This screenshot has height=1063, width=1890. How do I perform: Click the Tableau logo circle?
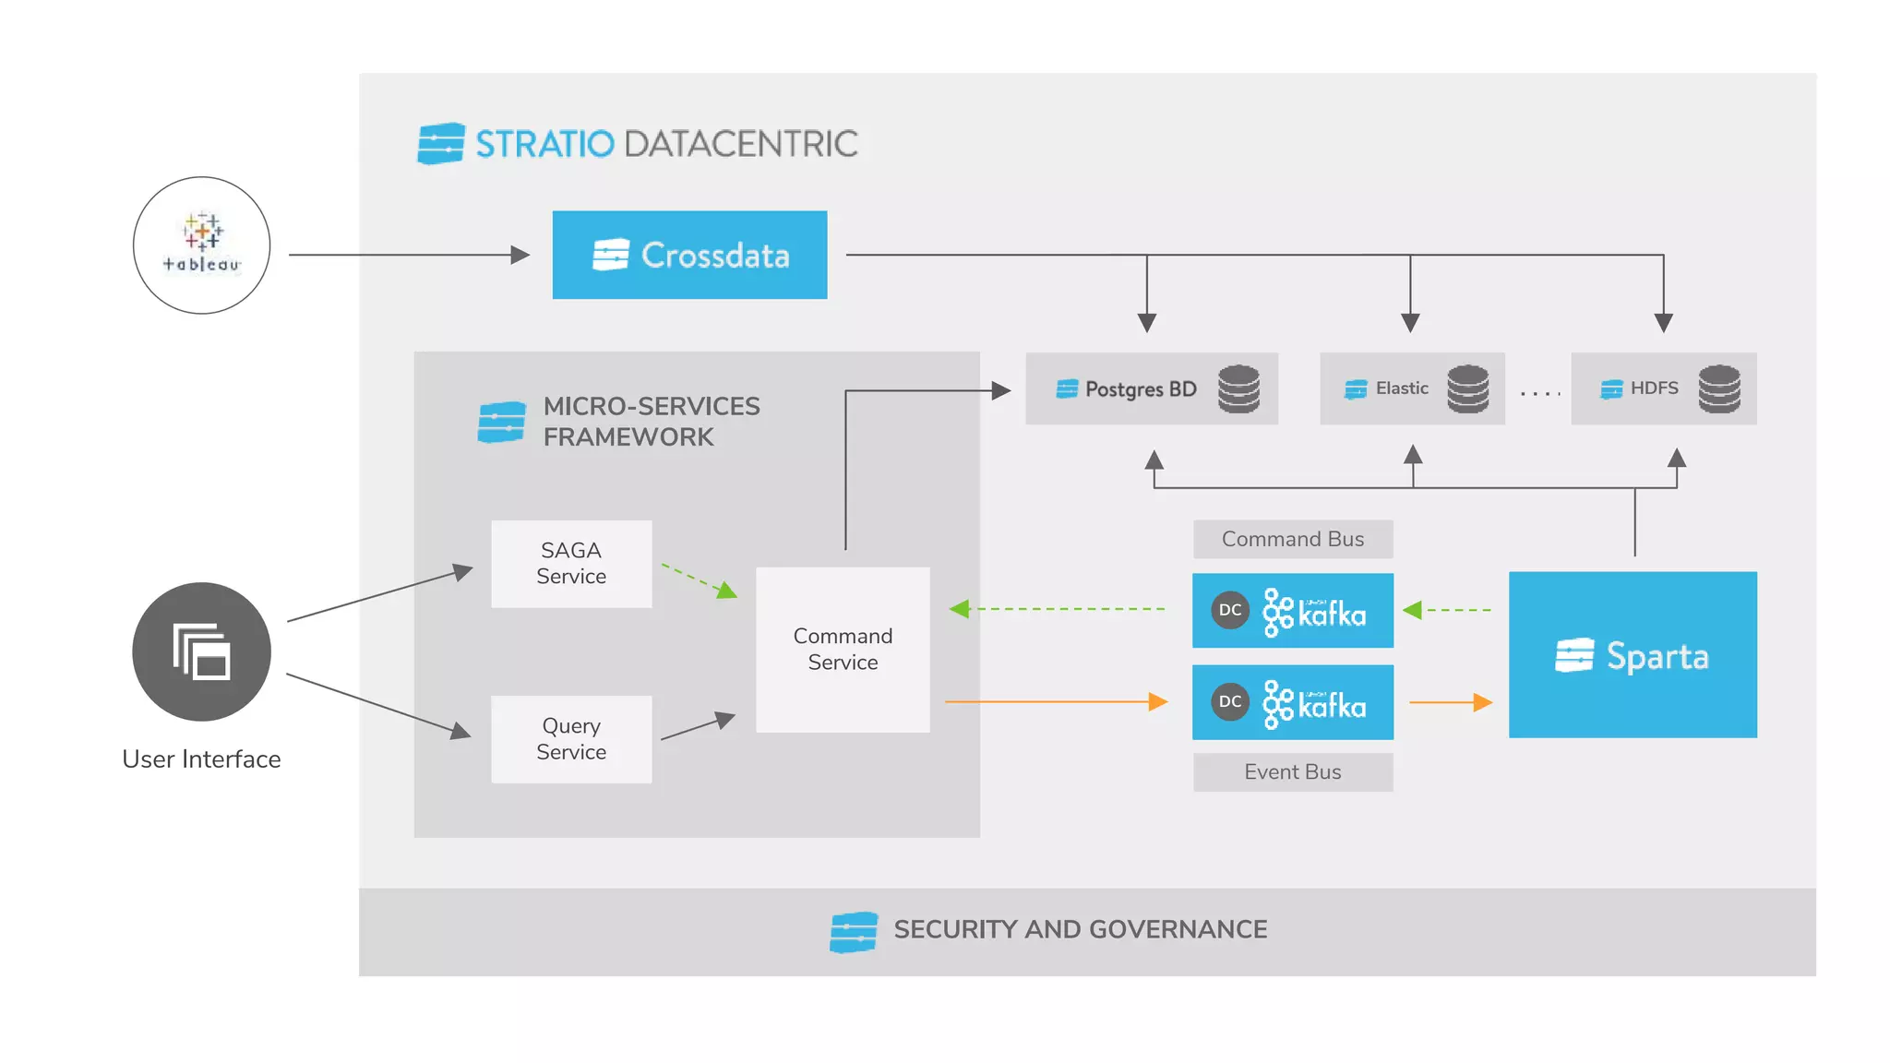(x=201, y=245)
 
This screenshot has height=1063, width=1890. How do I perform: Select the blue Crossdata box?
(x=689, y=255)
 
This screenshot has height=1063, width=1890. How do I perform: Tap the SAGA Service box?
(x=571, y=564)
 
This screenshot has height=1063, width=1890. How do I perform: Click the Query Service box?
(x=571, y=739)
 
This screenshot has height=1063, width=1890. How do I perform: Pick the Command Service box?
(x=843, y=650)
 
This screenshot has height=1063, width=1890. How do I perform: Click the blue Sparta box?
(x=1633, y=655)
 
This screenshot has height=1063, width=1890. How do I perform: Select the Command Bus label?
(x=1292, y=539)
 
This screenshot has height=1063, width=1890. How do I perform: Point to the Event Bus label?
(x=1292, y=772)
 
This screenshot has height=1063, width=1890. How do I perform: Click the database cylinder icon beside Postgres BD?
(x=1238, y=388)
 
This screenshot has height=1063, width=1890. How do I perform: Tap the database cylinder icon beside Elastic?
(x=1467, y=388)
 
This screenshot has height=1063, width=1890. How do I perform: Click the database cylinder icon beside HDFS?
(x=1719, y=388)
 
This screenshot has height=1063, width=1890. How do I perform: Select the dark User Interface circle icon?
(x=201, y=651)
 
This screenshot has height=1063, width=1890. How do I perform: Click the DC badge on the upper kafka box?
(x=1230, y=610)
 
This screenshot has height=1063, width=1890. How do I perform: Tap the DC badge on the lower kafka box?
(x=1230, y=701)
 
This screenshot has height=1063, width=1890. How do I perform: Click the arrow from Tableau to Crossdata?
(x=406, y=255)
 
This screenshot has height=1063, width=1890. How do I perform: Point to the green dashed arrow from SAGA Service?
(x=699, y=580)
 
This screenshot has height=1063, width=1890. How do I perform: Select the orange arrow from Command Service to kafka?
(x=1052, y=702)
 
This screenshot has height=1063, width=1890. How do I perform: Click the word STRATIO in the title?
(x=544, y=144)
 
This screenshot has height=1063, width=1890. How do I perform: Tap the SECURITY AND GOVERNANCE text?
(x=1080, y=929)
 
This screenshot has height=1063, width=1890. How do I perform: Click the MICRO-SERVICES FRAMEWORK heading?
(x=651, y=421)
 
